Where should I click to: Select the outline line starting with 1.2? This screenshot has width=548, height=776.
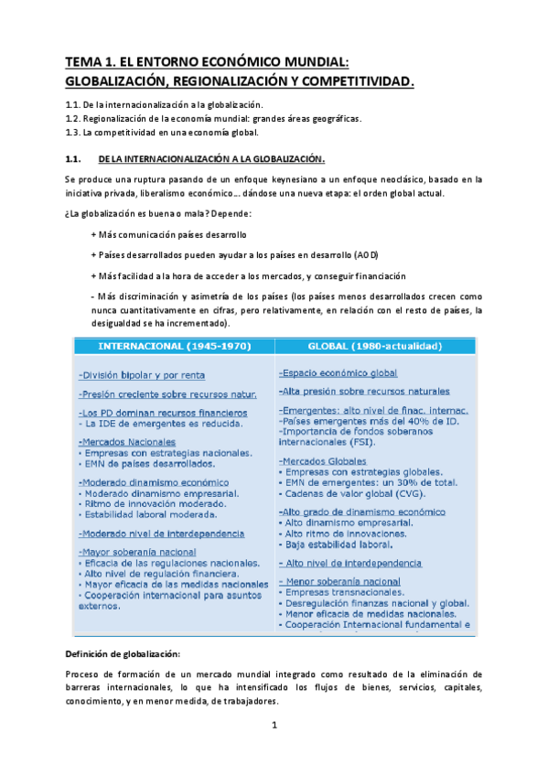212,118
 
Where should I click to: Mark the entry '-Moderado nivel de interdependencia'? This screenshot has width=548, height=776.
161,533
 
